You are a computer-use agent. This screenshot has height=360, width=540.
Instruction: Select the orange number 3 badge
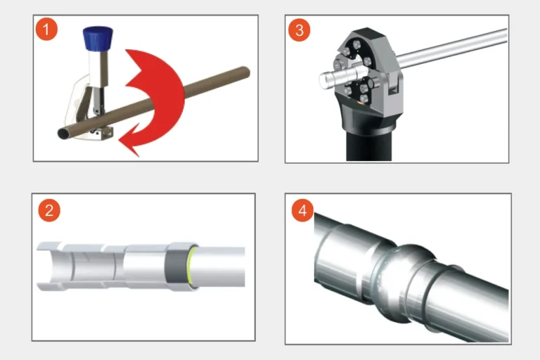click(300, 30)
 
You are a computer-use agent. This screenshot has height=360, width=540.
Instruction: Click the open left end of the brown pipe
click(63, 133)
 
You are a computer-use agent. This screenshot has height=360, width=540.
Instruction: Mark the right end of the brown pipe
click(245, 71)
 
